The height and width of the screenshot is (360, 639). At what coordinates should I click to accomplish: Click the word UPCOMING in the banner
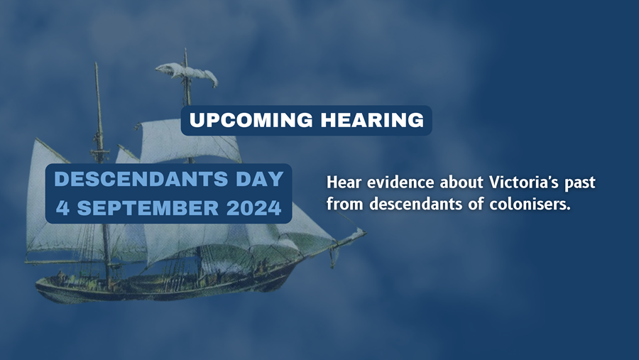(x=251, y=120)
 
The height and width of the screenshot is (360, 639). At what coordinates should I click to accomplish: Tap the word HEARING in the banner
(x=372, y=120)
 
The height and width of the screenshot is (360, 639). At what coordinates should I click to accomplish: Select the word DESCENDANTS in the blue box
(x=141, y=179)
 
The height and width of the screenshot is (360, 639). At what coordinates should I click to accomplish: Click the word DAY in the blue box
(x=260, y=179)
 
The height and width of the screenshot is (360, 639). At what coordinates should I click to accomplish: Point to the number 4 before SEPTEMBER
(x=62, y=208)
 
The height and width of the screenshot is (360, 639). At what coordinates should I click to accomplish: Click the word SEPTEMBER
(x=148, y=208)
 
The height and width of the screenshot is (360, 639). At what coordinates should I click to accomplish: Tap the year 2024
(x=254, y=208)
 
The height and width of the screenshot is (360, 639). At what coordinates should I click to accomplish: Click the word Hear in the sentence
(x=344, y=182)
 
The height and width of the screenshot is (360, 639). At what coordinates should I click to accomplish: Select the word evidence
(x=400, y=182)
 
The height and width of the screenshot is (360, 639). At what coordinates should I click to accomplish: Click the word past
(x=579, y=183)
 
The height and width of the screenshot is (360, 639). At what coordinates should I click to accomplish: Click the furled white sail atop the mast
(x=187, y=73)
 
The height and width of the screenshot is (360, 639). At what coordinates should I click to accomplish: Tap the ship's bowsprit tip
(x=365, y=232)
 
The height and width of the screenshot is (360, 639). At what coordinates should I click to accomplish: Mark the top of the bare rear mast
(x=96, y=63)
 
